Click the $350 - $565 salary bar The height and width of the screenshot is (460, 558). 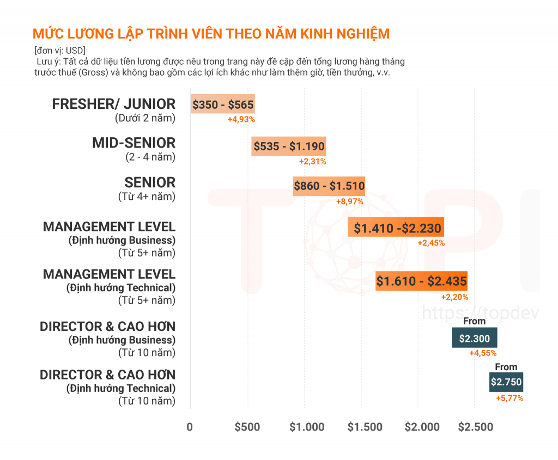pos(223,104)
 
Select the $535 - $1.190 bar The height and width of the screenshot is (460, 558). pos(289,146)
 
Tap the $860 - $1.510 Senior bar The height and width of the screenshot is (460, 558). pos(329,186)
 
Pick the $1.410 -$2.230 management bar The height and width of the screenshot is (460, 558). pos(396,228)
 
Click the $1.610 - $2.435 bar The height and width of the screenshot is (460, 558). pos(421,281)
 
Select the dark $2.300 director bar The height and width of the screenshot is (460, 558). pos(474,338)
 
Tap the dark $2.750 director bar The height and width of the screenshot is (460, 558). pos(506,382)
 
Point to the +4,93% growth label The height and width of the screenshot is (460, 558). pos(241,119)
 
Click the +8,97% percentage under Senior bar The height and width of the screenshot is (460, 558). pos(350,201)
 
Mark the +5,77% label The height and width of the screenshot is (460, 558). pos(510,398)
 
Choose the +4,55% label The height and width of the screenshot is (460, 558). pos(483,353)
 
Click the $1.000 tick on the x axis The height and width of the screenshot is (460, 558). pos(307,427)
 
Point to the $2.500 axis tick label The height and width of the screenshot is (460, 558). pos(476,427)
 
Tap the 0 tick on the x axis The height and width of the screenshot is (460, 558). pos(190,427)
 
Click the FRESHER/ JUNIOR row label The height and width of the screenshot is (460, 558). pos(114,103)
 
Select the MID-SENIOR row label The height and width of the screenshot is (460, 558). pos(134,143)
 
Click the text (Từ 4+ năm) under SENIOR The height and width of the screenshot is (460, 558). pos(147,197)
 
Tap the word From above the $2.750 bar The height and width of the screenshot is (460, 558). pos(506,367)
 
